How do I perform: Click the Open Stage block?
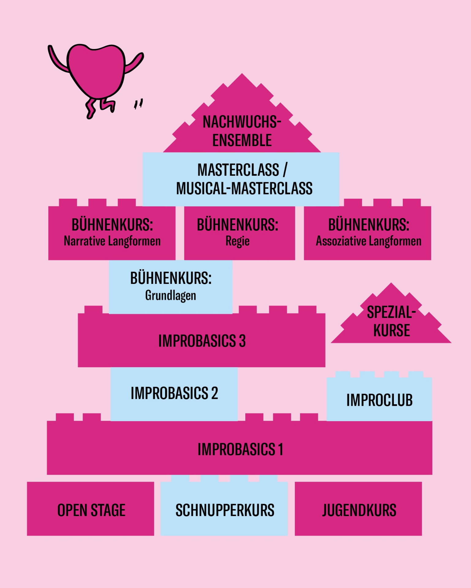point(90,509)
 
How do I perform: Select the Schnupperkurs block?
point(224,509)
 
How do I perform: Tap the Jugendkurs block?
point(358,509)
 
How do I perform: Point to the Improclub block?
point(379,398)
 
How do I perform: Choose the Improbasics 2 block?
point(174,394)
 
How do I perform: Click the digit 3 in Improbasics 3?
point(242,341)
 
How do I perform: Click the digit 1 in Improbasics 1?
point(281,449)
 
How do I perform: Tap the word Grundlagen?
point(171,296)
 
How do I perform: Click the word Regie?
point(238,241)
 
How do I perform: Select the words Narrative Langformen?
point(112,241)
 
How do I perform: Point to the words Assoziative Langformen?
point(369,241)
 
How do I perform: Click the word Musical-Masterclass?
point(244,188)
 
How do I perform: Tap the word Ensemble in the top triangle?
point(242,140)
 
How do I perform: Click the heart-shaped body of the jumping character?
point(96,70)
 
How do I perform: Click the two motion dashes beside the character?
point(138,104)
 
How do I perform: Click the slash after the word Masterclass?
point(285,170)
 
